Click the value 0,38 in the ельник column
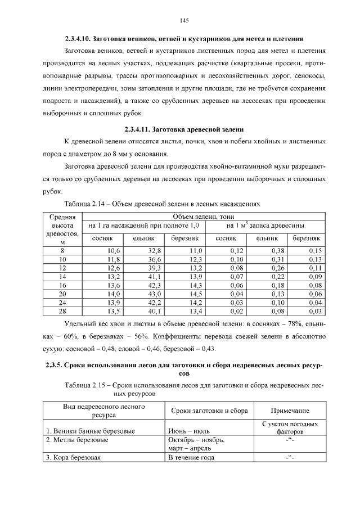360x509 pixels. [x=278, y=250]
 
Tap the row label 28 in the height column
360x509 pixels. [x=62, y=312]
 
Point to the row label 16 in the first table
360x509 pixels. [x=62, y=285]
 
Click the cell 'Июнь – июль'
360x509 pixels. [x=188, y=431]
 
